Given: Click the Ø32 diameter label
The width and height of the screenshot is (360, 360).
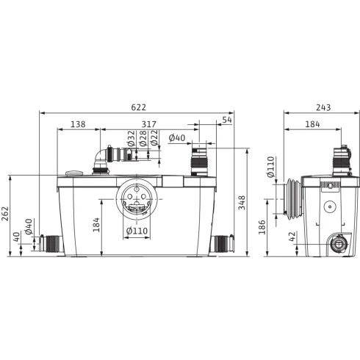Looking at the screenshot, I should [x=131, y=139].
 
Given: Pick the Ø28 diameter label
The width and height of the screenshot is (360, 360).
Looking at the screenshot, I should [x=143, y=139].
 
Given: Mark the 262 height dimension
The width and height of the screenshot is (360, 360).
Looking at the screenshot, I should [x=7, y=214].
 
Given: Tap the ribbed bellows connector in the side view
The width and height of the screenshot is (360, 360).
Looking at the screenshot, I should [x=293, y=197].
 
